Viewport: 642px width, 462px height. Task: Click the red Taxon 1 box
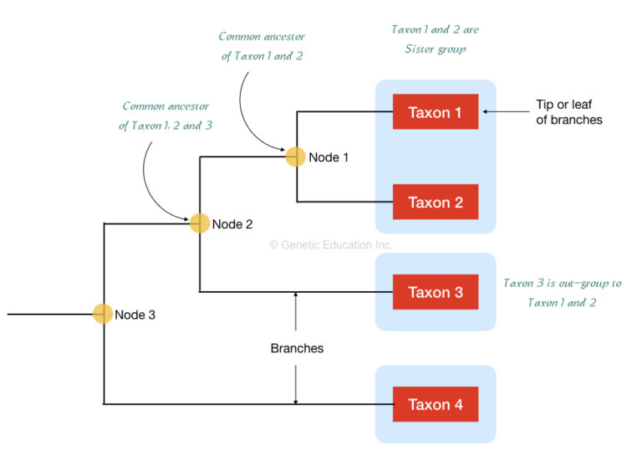click(x=435, y=112)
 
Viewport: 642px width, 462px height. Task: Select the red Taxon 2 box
click(x=435, y=202)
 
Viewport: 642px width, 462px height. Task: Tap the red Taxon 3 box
click(x=435, y=292)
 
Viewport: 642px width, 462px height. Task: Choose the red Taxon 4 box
click(x=435, y=404)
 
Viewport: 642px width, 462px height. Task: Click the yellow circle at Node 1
click(x=295, y=157)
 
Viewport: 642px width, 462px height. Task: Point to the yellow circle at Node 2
click(x=199, y=223)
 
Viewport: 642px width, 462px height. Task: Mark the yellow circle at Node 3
click(x=102, y=314)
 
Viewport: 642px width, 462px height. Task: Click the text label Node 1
click(x=329, y=157)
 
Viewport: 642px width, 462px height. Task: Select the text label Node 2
click(x=232, y=224)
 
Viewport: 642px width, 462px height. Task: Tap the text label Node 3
click(x=135, y=315)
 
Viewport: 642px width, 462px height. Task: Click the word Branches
click(x=297, y=348)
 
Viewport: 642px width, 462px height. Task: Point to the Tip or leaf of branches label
click(x=568, y=112)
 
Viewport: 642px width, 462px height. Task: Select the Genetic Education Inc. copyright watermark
click(x=330, y=245)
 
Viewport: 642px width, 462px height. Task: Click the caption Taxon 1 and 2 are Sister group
click(x=435, y=39)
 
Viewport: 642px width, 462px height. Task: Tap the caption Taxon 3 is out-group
click(x=562, y=292)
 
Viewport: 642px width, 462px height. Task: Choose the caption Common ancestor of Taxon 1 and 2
click(x=261, y=47)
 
